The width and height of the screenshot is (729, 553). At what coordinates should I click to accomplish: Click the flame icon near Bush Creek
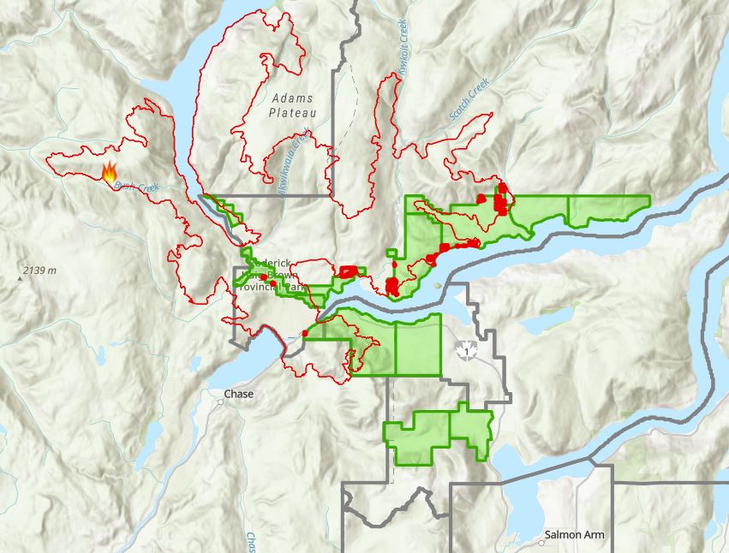click(x=110, y=173)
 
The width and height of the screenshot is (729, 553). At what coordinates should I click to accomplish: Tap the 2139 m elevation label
click(x=40, y=271)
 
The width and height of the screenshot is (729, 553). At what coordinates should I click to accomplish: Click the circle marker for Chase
click(x=220, y=401)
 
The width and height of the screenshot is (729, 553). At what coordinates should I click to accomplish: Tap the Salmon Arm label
click(x=578, y=535)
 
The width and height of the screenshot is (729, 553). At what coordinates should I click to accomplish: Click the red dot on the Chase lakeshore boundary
click(x=305, y=333)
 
